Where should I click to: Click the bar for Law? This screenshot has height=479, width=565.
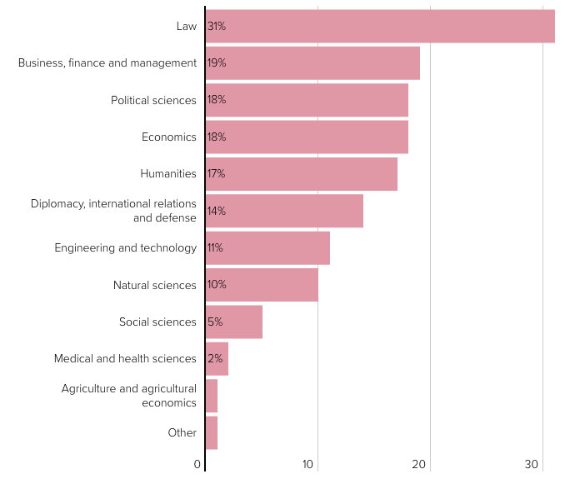pyautogui.click(x=380, y=26)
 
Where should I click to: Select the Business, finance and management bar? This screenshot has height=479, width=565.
pyautogui.click(x=312, y=62)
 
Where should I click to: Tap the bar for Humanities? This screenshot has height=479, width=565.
pyautogui.click(x=302, y=173)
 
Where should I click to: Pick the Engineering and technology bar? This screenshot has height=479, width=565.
pyautogui.click(x=267, y=247)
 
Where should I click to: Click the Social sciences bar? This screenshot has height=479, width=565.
pyautogui.click(x=234, y=322)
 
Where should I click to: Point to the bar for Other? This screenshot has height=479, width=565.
pyautogui.click(x=212, y=432)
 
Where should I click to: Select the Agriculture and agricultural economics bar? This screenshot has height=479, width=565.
pyautogui.click(x=212, y=396)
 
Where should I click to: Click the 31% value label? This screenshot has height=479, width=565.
pyautogui.click(x=217, y=26)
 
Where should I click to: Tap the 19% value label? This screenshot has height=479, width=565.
pyautogui.click(x=217, y=62)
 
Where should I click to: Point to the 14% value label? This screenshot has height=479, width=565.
pyautogui.click(x=217, y=211)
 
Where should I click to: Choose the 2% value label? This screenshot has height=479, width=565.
pyautogui.click(x=215, y=358)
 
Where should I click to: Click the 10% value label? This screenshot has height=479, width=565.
pyautogui.click(x=217, y=284)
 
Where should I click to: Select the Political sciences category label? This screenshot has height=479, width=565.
pyautogui.click(x=153, y=100)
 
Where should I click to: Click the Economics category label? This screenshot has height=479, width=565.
pyautogui.click(x=169, y=137)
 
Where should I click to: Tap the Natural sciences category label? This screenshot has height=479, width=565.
pyautogui.click(x=155, y=285)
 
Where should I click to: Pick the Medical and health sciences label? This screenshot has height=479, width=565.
pyautogui.click(x=125, y=358)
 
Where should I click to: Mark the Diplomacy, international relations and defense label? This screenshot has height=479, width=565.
pyautogui.click(x=113, y=211)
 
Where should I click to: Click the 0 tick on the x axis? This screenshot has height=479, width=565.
pyautogui.click(x=198, y=464)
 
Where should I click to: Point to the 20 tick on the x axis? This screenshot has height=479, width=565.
pyautogui.click(x=420, y=464)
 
